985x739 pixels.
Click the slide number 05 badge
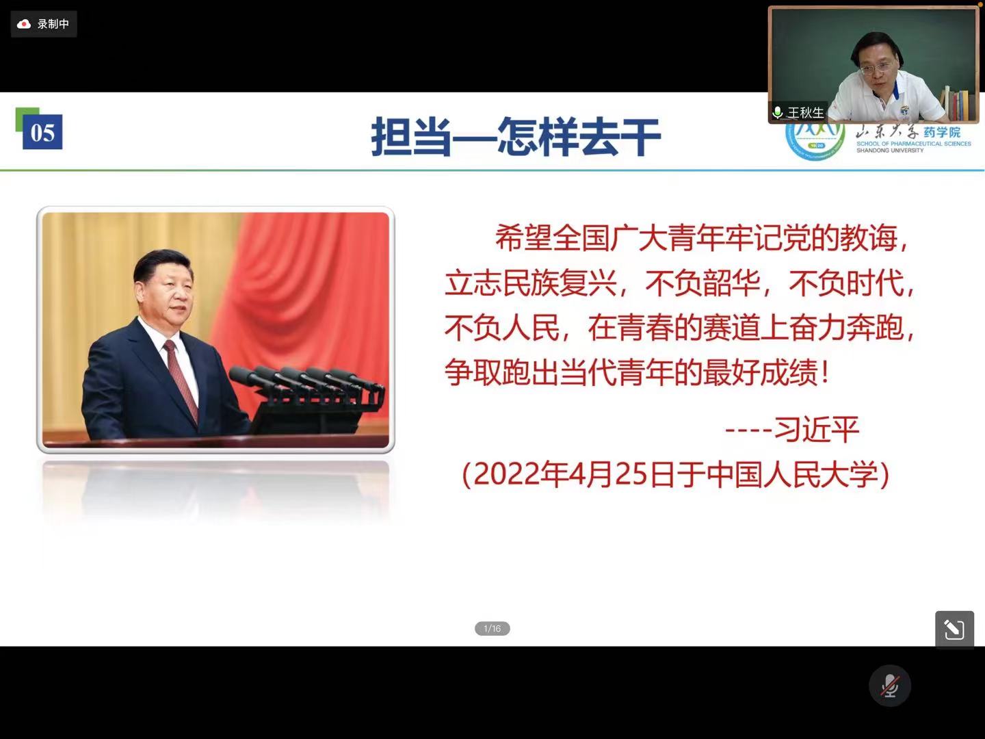tap(42, 132)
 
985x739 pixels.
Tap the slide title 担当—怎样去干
tap(516, 137)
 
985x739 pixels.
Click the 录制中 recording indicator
tap(44, 24)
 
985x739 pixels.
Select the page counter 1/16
tap(492, 629)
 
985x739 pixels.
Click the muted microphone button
tap(890, 686)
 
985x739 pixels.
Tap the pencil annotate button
tap(954, 629)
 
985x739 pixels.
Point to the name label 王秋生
tap(806, 113)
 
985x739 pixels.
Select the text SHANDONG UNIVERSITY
tap(890, 151)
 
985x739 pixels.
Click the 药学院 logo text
tap(942, 132)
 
